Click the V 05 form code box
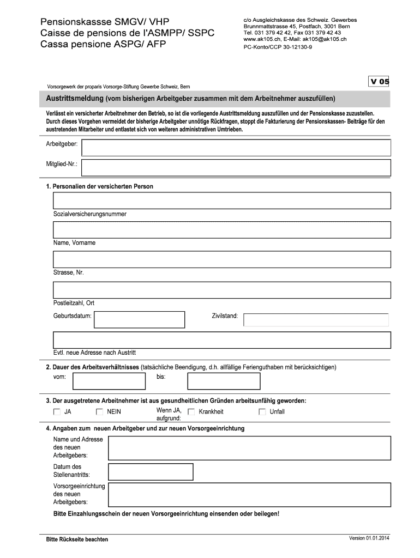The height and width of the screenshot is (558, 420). click(x=380, y=82)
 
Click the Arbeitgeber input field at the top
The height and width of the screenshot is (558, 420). click(x=236, y=148)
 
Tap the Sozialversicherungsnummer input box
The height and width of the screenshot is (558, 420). click(x=221, y=201)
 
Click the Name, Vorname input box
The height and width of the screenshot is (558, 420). click(x=221, y=230)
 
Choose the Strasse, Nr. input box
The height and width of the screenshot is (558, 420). click(x=221, y=259)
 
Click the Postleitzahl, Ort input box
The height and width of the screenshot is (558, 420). click(x=221, y=290)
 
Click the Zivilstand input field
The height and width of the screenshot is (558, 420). click(x=316, y=320)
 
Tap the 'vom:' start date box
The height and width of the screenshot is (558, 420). click(x=109, y=381)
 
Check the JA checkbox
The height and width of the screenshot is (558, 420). click(x=57, y=412)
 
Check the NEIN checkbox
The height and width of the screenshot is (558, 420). click(x=99, y=412)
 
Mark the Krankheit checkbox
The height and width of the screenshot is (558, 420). click(x=191, y=412)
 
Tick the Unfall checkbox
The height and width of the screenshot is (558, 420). click(x=262, y=412)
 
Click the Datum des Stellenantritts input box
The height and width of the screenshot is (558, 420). click(x=151, y=471)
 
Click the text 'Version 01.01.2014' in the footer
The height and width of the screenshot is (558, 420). click(x=370, y=538)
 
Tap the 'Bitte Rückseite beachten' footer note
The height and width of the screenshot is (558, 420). click(x=77, y=539)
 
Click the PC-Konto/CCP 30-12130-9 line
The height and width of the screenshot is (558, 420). click(x=278, y=47)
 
